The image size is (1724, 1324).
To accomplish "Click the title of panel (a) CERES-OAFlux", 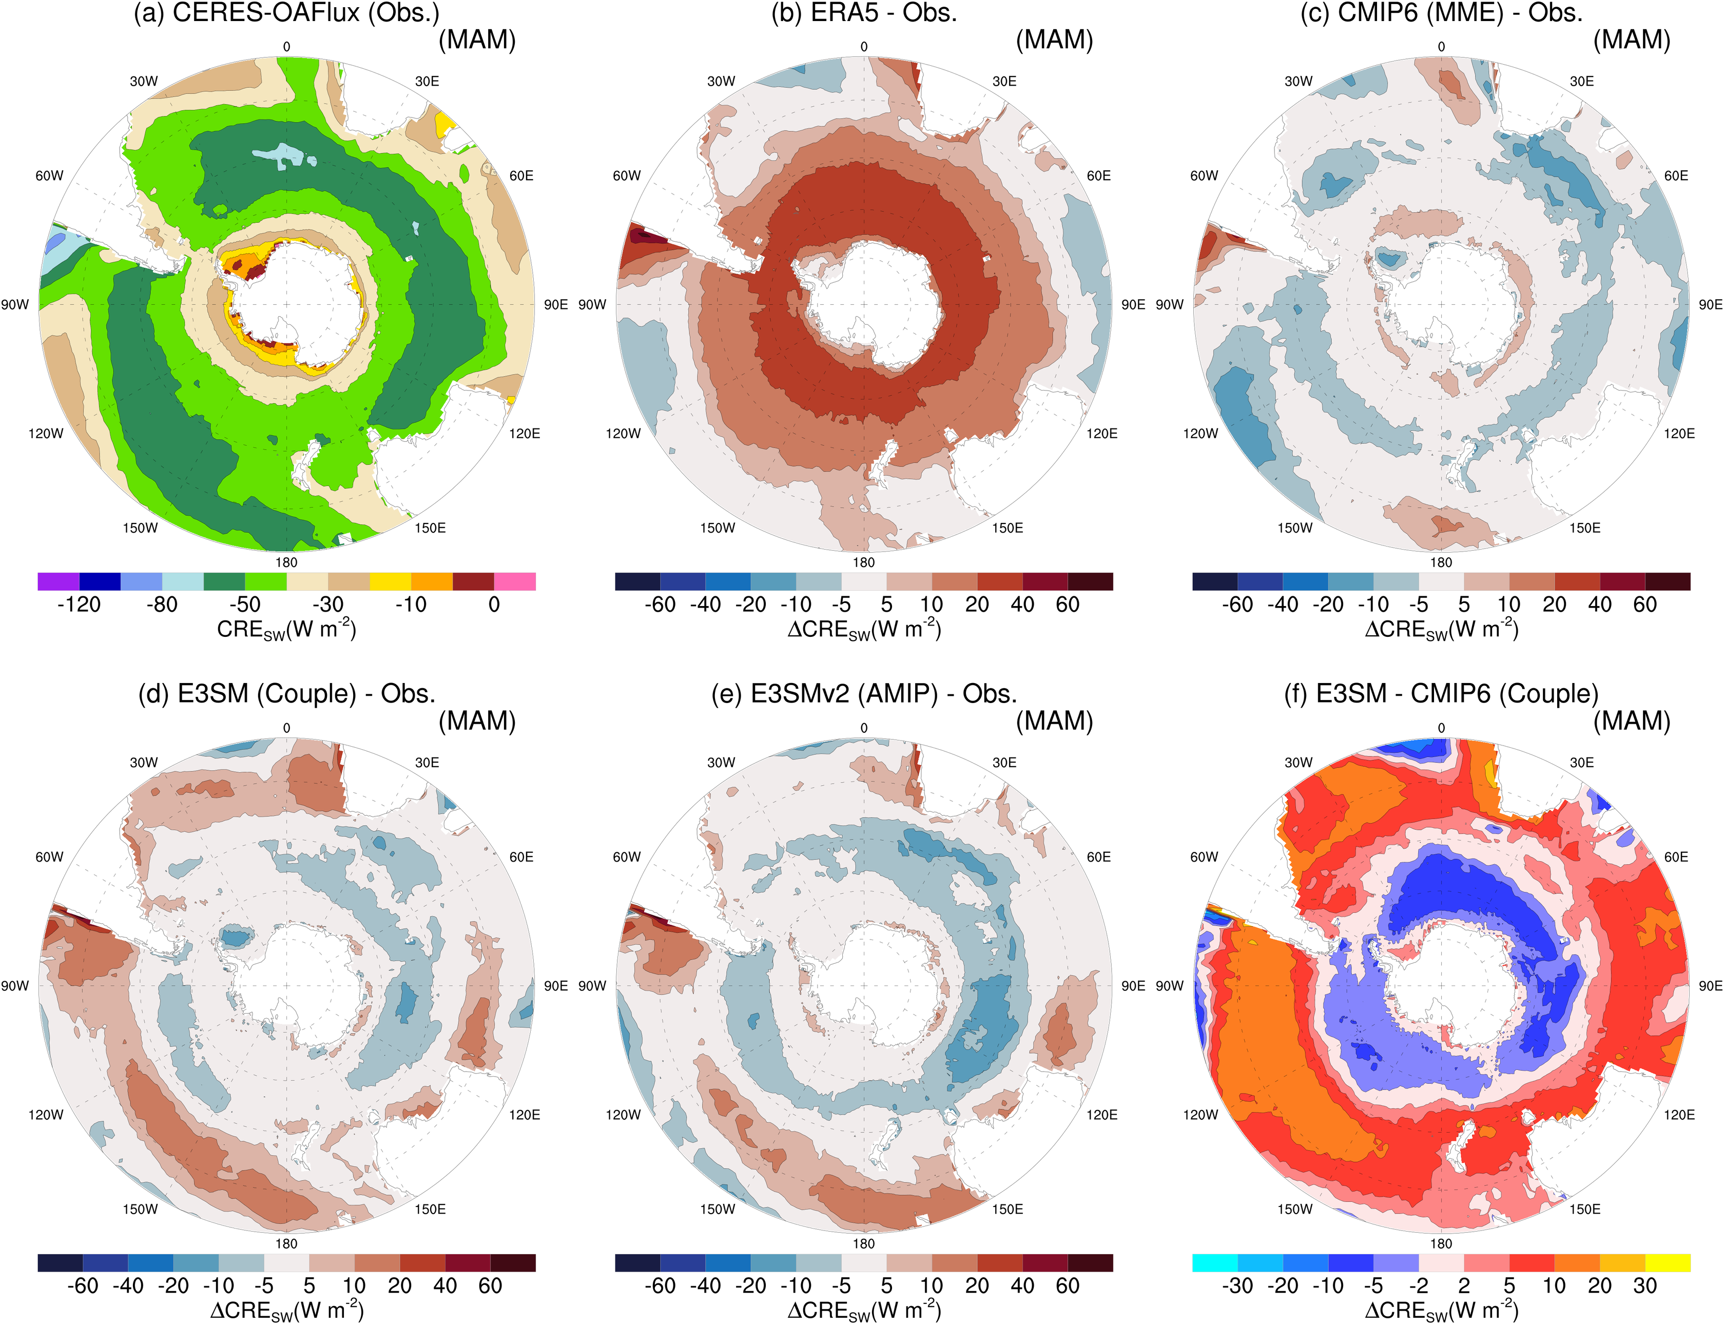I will point(286,13).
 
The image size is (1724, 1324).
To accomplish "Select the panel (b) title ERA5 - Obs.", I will point(864,13).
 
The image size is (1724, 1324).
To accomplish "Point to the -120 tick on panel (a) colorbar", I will point(79,605).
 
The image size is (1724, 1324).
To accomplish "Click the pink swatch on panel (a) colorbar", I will point(515,581).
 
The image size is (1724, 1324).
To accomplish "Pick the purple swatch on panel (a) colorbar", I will point(59,581).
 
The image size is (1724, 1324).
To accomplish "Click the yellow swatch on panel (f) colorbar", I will point(1667,1262).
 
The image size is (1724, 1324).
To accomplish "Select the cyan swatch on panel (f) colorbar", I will point(1215,1262).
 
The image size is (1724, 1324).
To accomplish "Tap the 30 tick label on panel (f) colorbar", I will point(1644,1286).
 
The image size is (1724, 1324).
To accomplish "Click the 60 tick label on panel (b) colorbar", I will point(1068,605).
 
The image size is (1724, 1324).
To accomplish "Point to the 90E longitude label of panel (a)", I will point(556,305).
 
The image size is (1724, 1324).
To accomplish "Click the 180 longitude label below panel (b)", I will point(864,562).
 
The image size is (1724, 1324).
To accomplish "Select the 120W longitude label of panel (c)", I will point(1200,434).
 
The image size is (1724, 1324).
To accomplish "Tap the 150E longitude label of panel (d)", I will point(431,1209).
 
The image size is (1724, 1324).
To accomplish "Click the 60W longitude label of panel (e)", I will point(627,856).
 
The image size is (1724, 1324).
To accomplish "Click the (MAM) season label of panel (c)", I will point(1632,40).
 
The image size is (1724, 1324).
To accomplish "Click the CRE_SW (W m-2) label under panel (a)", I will point(286,630).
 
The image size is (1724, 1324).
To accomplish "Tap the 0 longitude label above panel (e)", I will point(864,728).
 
